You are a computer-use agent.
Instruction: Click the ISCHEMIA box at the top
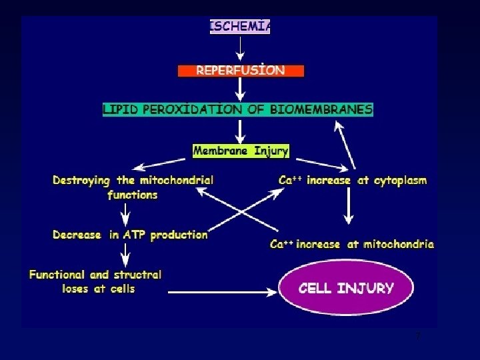(x=240, y=27)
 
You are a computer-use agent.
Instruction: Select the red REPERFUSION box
(x=241, y=70)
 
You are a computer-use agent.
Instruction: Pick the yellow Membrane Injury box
(x=241, y=151)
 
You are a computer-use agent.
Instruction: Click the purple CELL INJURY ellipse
(x=346, y=289)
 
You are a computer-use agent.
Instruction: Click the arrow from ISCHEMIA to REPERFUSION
(x=241, y=48)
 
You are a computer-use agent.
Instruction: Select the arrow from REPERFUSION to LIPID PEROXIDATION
(x=241, y=89)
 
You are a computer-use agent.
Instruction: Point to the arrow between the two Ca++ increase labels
(x=347, y=211)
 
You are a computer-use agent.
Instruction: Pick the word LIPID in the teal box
(x=119, y=109)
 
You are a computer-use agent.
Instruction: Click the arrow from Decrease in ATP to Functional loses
(x=125, y=253)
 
